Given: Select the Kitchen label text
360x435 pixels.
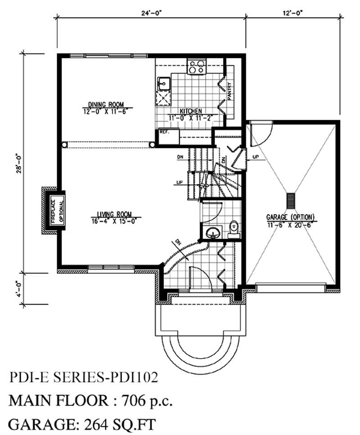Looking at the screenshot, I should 191,111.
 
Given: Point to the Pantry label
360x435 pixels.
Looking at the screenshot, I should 229,92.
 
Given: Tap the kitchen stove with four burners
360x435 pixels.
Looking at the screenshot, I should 196,67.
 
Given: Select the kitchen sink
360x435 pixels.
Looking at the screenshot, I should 163,83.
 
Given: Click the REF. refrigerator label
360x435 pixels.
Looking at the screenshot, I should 163,133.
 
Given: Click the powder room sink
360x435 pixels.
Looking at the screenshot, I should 211,233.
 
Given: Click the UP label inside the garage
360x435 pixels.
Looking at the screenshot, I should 256,158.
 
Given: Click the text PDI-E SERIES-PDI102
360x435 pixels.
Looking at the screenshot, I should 83,377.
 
